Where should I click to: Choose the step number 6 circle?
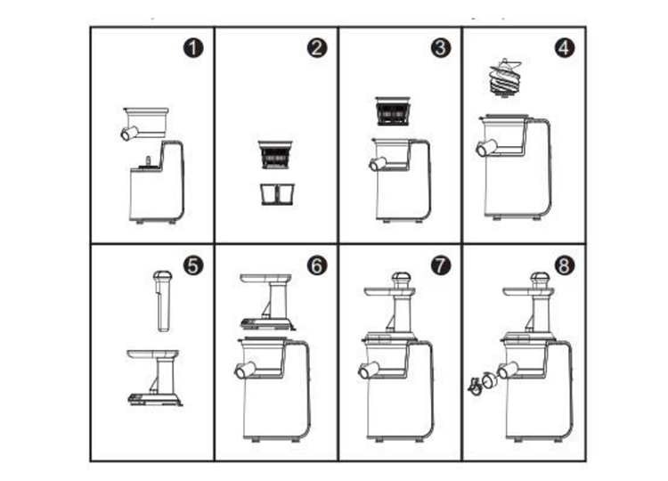pos(316,265)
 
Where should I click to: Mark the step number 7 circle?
pos(439,265)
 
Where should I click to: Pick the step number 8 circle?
pos(563,265)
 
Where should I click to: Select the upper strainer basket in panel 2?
pos(275,154)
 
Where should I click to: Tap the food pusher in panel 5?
pos(161,299)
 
